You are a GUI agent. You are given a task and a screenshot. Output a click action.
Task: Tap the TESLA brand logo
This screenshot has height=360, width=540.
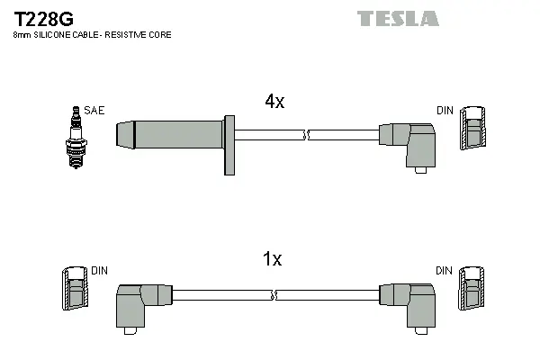(397, 18)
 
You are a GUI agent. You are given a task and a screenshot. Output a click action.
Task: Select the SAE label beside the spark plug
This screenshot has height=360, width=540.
(94, 111)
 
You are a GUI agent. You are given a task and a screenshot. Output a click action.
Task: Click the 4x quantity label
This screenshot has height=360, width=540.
(274, 102)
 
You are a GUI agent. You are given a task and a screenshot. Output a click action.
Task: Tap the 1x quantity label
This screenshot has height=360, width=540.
(271, 259)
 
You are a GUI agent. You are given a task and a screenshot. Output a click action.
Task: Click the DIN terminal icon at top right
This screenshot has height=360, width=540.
(472, 130)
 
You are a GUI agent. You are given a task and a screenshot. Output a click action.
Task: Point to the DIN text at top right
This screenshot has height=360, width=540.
(445, 111)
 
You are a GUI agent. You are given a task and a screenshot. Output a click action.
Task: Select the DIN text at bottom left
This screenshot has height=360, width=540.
(100, 270)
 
